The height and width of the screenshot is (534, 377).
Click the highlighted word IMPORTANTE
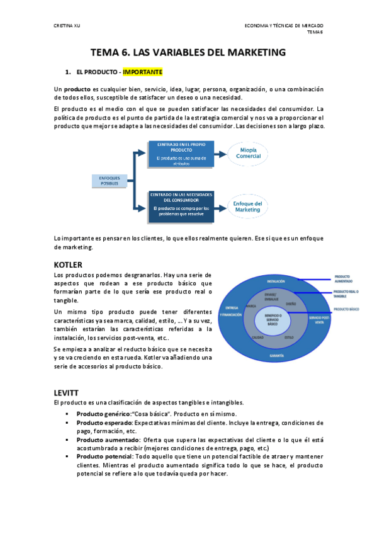point(143,72)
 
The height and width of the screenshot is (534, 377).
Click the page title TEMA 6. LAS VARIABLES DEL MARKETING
point(188,52)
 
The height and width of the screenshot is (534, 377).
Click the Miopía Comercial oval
point(248,153)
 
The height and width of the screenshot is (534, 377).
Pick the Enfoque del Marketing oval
point(247,207)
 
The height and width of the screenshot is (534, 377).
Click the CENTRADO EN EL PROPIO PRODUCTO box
point(177,154)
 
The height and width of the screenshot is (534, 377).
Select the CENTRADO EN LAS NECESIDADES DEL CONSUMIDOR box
point(177,205)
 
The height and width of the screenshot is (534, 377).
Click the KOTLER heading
point(69,264)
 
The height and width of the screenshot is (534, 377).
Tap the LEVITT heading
point(67,392)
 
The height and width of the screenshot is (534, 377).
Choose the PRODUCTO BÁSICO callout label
point(346,310)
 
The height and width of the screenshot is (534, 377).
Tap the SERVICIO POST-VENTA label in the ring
point(316,321)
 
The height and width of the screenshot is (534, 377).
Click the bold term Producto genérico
point(103,413)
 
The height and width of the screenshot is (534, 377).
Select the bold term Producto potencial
point(104,455)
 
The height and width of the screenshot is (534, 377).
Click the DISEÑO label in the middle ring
point(291,304)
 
